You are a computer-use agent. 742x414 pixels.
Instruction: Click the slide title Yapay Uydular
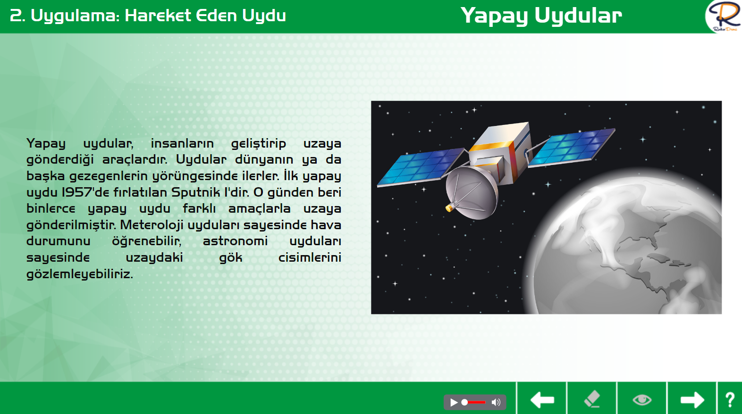(541, 16)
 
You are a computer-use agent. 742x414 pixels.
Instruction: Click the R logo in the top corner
(724, 16)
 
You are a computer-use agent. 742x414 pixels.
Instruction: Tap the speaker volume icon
(496, 402)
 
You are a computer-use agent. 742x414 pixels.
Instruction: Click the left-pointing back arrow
(542, 400)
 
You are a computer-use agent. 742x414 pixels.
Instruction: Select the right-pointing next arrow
(692, 400)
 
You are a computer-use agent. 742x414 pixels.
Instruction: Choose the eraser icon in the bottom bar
(592, 399)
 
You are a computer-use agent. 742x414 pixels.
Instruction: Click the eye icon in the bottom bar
(642, 400)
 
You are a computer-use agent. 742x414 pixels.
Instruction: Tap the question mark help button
(730, 400)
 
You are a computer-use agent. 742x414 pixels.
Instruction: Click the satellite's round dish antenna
(472, 193)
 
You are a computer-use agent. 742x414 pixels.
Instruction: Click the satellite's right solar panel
(572, 147)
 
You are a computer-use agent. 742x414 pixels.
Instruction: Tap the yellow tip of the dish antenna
(449, 208)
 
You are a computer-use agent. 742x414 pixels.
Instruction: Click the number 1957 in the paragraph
(76, 192)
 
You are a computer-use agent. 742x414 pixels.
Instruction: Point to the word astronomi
(235, 241)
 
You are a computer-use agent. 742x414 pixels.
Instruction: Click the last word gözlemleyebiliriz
(79, 274)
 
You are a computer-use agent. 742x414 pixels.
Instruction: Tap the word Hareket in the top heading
(158, 16)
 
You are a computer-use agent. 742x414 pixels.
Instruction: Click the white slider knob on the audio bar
(465, 402)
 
